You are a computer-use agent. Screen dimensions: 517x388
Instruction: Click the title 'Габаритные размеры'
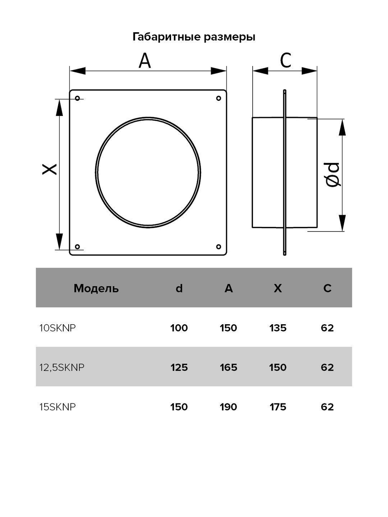194,37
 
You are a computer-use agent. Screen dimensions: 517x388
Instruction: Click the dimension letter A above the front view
145,61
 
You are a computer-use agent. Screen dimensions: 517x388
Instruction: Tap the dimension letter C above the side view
286,61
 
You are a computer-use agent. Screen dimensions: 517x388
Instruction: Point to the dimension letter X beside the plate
50,169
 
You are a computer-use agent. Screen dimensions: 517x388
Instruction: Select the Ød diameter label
333,175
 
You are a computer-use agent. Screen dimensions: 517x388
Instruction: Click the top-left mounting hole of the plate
78,99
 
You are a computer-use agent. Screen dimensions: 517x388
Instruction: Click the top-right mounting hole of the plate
218,99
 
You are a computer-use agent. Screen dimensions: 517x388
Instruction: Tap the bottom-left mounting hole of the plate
78,247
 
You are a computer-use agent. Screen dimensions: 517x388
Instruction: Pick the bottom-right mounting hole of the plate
218,247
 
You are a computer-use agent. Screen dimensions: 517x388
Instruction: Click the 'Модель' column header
96,288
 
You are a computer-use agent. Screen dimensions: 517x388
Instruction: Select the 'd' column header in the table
179,288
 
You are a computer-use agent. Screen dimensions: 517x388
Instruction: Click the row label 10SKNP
57,328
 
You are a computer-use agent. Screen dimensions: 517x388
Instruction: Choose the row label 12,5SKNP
62,367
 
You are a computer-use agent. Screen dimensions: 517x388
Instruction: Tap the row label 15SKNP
57,407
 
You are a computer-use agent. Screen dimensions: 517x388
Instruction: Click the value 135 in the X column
278,328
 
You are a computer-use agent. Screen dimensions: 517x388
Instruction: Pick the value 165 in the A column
228,367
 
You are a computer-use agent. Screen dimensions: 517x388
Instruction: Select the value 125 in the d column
179,367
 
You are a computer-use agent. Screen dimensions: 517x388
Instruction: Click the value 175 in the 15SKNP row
278,407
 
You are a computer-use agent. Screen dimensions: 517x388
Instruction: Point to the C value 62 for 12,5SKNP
327,367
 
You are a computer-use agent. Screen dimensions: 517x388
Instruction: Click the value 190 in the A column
228,407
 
